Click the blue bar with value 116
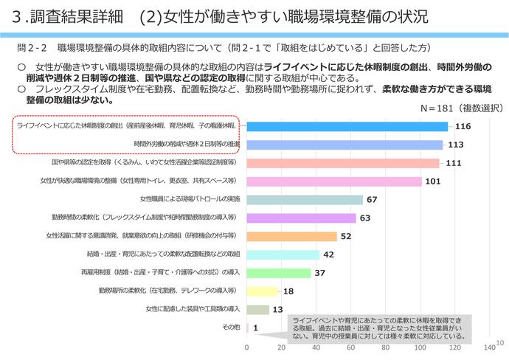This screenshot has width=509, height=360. [x=347, y=126]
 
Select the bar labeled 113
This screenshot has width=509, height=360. [x=344, y=145]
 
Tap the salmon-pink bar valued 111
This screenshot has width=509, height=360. [x=343, y=163]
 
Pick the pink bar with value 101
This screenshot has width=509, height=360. [x=334, y=181]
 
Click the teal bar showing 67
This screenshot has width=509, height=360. [x=305, y=200]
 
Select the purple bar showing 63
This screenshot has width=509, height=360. [x=301, y=218]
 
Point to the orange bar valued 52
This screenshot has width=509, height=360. [x=291, y=236]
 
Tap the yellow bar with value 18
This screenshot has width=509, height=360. [x=263, y=291]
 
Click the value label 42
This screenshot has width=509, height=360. [x=330, y=255]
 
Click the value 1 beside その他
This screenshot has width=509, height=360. [x=255, y=328]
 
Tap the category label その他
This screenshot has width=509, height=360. [x=231, y=327]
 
